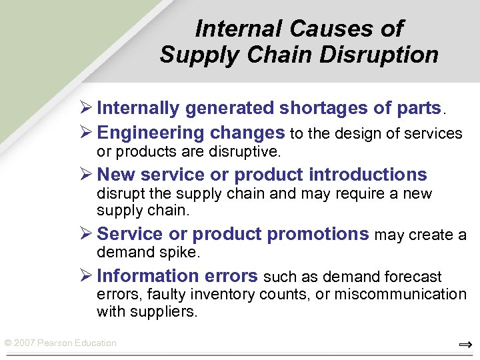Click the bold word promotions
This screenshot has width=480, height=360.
point(318,234)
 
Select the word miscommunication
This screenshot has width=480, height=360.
point(400,295)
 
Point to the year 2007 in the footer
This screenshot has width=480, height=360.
point(24,343)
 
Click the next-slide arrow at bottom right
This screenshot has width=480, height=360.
point(465,345)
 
